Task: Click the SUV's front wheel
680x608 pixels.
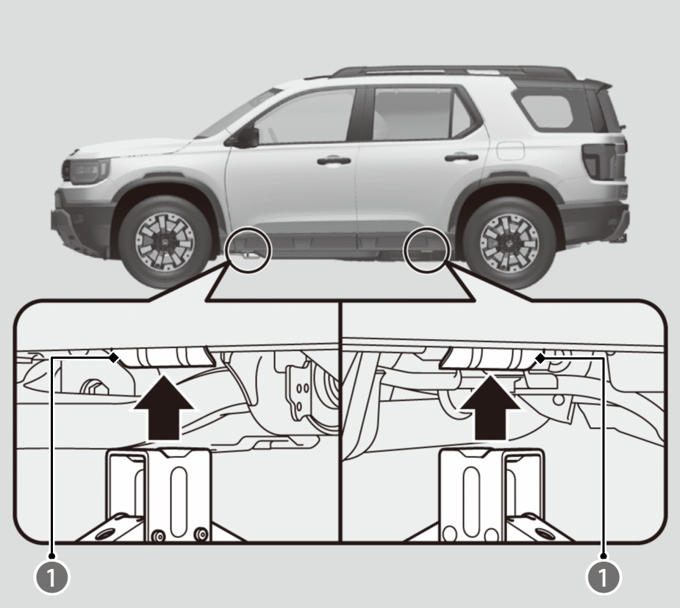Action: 165,240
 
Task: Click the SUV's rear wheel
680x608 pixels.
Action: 509,242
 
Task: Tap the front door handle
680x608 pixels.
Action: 334,161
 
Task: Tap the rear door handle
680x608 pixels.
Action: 462,157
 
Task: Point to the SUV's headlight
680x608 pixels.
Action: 86,171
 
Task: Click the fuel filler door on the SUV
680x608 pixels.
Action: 511,151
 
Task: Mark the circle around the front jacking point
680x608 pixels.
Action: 248,249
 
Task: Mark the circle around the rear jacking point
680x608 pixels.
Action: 426,250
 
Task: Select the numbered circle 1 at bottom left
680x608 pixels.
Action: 51,577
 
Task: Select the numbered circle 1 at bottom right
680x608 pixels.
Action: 604,577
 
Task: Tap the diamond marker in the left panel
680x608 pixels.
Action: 114,358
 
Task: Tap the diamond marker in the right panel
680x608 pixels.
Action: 540,358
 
